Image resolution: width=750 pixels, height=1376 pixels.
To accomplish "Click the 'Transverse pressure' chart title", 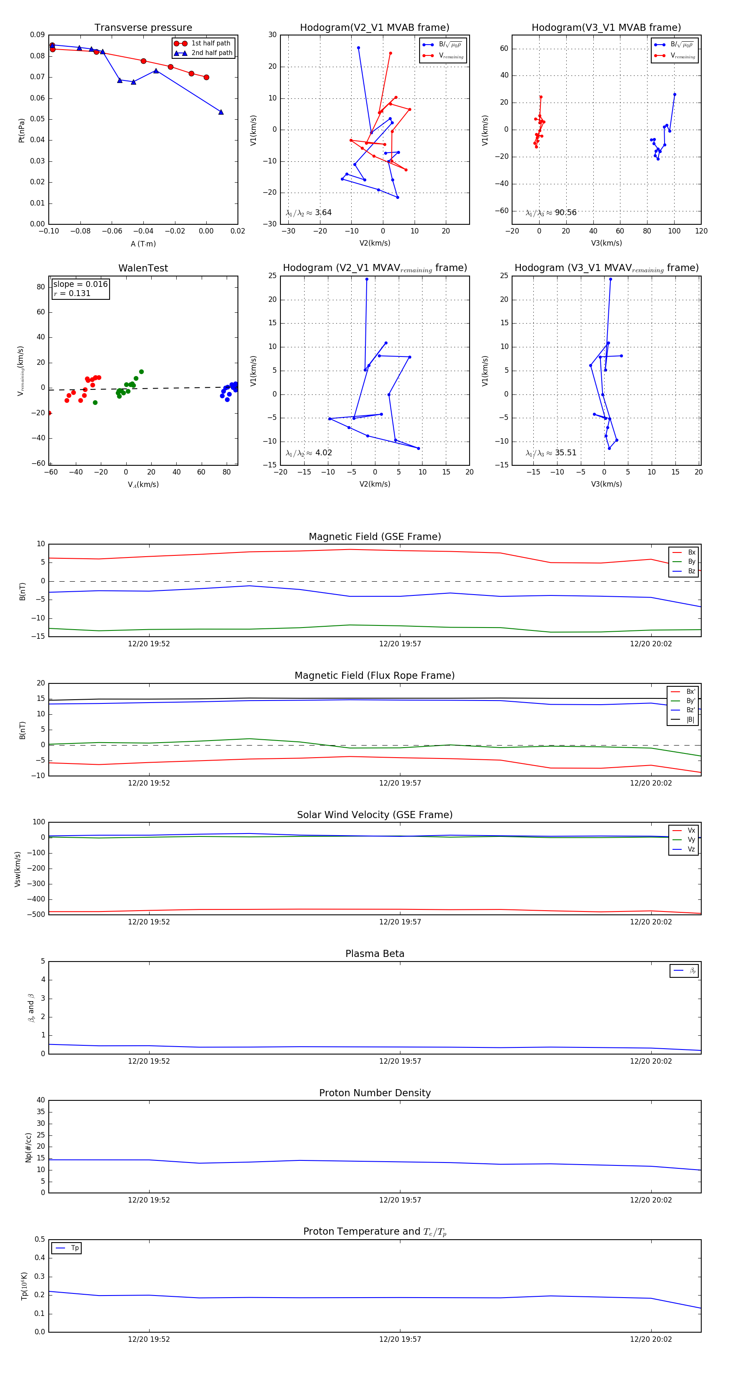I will tap(143, 28).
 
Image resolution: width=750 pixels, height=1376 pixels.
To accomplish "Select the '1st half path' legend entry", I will tap(210, 43).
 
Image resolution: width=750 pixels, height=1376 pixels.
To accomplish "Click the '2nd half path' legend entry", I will tap(211, 53).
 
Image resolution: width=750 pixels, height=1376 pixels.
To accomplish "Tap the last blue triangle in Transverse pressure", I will tap(221, 112).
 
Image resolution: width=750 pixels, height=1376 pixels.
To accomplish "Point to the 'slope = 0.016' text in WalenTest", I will tap(80, 284).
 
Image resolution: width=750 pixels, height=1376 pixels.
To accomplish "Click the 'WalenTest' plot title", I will tap(143, 268).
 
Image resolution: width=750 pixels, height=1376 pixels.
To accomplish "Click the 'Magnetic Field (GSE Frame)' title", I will tap(375, 537).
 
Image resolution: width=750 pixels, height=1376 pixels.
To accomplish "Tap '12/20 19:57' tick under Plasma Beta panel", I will tap(400, 1061).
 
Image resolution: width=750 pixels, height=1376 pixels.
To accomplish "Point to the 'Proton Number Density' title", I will tap(375, 1093).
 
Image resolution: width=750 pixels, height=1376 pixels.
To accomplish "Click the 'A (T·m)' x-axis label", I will tap(143, 244).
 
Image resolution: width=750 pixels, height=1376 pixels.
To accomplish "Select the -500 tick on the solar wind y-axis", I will tap(37, 914).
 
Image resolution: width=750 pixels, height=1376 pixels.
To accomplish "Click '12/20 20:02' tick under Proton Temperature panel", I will tap(651, 1339).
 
